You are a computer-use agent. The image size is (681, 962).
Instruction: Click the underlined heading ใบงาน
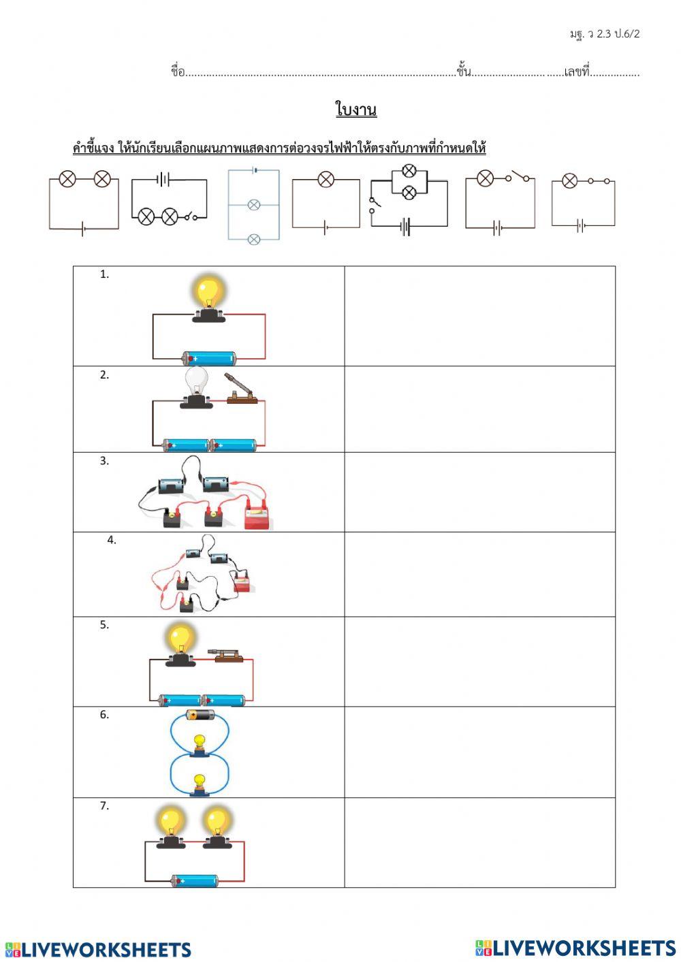point(355,109)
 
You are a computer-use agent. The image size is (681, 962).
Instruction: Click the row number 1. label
point(104,274)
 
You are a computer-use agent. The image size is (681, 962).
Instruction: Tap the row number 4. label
point(112,540)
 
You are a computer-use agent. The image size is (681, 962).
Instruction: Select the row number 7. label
point(104,805)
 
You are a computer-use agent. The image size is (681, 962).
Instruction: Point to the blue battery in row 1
point(208,358)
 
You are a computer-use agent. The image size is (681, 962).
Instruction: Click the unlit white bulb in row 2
point(196,381)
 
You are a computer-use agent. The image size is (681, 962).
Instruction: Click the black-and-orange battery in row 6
point(200,715)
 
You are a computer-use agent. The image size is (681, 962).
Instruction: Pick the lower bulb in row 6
point(200,783)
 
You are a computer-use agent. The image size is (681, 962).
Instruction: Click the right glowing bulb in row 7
point(217,822)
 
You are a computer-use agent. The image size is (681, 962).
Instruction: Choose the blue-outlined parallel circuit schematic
point(253,204)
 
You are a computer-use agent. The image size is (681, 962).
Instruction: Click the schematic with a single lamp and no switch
point(326,203)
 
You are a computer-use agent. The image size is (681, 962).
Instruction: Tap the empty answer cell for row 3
point(479,492)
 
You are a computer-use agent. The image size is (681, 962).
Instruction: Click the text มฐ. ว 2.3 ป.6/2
point(605,33)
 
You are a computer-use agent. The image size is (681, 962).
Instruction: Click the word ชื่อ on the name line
point(177,71)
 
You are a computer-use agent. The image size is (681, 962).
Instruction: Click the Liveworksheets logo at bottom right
point(575,948)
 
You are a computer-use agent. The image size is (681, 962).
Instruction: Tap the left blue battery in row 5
point(180,700)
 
